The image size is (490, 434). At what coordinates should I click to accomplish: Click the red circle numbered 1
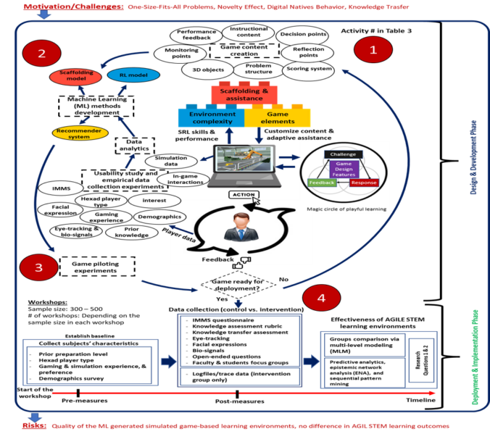374,50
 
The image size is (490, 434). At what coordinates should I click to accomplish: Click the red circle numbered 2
42,53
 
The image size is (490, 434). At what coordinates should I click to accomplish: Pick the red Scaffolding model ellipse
75,77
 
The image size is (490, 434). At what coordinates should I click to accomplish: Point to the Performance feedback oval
196,35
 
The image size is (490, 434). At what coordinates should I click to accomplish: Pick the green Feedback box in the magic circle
322,183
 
